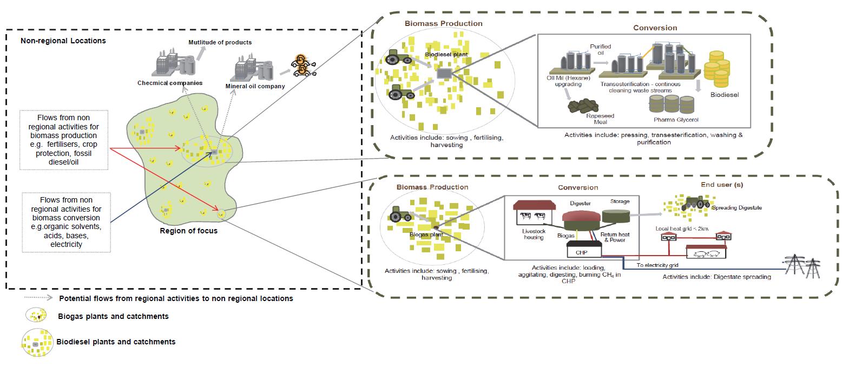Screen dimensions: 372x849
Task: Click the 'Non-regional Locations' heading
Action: tap(63, 41)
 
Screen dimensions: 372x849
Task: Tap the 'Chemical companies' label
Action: tap(170, 83)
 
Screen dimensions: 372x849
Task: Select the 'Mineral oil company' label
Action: tap(255, 86)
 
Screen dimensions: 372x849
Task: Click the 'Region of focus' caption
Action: tap(188, 231)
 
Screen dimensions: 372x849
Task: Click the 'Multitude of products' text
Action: tap(220, 42)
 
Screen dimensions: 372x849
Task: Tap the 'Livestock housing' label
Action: tap(533, 234)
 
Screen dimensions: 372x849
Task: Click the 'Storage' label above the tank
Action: tap(620, 201)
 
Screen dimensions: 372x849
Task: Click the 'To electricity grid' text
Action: tap(657, 265)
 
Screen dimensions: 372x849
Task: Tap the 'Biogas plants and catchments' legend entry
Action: tap(113, 316)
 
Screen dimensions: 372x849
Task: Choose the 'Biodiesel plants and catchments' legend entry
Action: tap(116, 342)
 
